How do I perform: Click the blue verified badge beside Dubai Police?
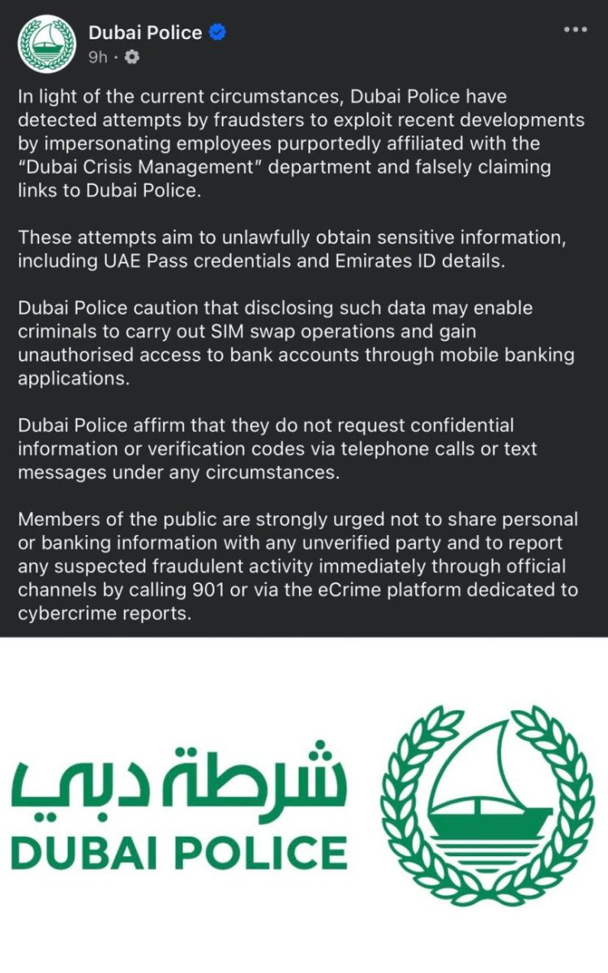click(x=217, y=33)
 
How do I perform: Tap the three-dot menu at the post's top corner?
click(x=575, y=30)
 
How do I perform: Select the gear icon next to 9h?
click(x=133, y=57)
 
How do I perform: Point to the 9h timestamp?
click(x=98, y=57)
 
